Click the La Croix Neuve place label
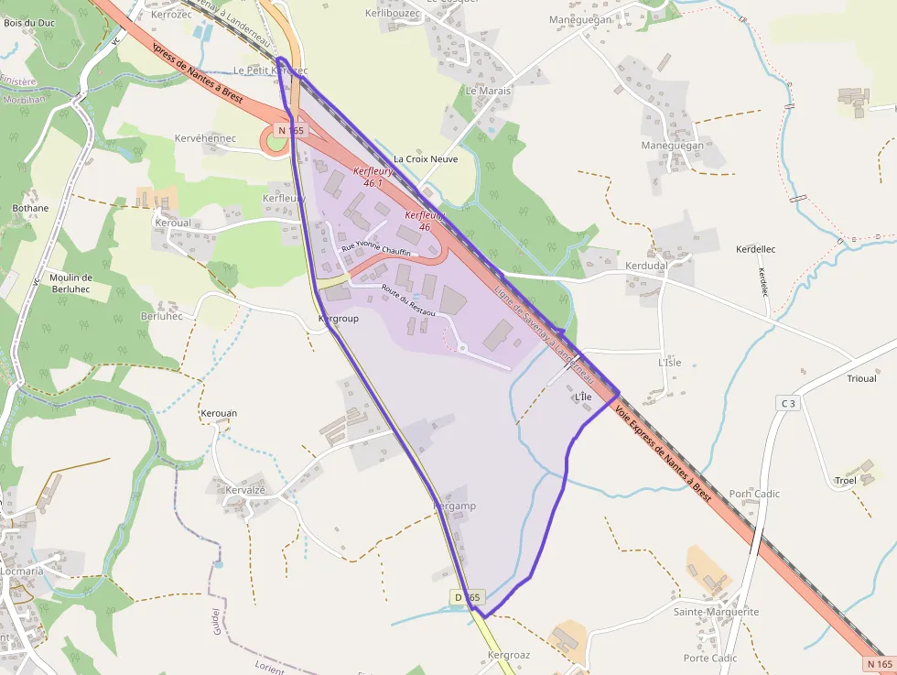tap(426, 158)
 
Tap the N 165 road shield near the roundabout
tap(290, 131)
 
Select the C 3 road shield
tap(787, 403)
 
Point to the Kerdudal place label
tap(646, 266)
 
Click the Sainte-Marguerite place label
tap(716, 612)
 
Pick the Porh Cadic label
tap(754, 494)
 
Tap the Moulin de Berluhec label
tap(71, 283)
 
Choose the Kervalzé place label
tap(245, 490)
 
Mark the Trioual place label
tap(861, 378)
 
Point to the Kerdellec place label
tap(756, 249)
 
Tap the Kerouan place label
tap(219, 413)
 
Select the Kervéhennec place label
tap(205, 138)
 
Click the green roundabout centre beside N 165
tap(275, 142)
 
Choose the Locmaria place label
tap(21, 571)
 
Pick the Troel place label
tap(846, 481)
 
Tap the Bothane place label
tap(30, 208)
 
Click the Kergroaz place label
tap(509, 655)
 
